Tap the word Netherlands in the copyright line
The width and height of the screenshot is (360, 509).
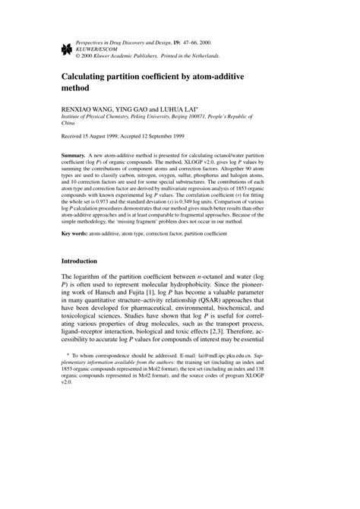click(198, 55)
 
